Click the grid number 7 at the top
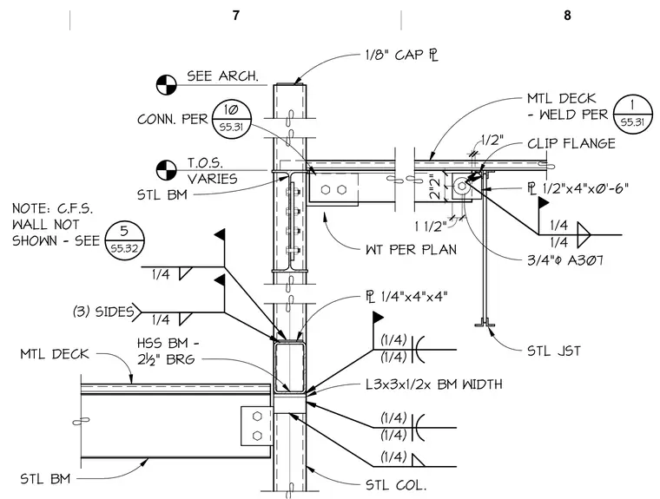(235, 16)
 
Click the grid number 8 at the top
(567, 16)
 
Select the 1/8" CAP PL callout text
(402, 56)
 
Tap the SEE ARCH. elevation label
(222, 76)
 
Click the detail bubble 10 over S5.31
(231, 118)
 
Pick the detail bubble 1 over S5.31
(632, 114)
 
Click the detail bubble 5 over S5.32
(124, 240)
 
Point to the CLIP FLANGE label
(571, 144)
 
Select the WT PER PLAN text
(412, 250)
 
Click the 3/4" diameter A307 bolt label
(565, 260)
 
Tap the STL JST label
(554, 351)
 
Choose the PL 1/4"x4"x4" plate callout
(406, 297)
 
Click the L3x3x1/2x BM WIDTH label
(434, 384)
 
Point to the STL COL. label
(396, 485)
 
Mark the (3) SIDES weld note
(103, 312)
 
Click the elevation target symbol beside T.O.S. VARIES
(166, 170)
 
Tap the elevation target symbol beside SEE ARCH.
(166, 85)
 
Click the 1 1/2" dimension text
(430, 227)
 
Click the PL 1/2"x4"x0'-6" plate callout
(578, 187)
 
